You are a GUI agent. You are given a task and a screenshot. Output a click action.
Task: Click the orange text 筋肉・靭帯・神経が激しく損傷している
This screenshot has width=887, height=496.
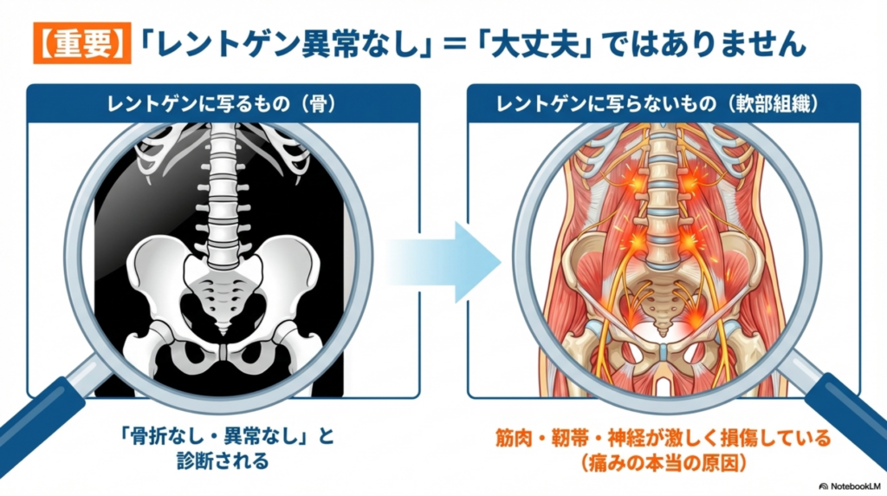(663, 438)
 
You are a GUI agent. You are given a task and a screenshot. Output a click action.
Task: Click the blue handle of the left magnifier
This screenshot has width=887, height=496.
(39, 434)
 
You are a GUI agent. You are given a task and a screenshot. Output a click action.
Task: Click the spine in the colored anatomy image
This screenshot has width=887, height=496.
(661, 191)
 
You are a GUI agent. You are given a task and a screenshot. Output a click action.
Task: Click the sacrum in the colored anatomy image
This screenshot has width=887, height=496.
(661, 299)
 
